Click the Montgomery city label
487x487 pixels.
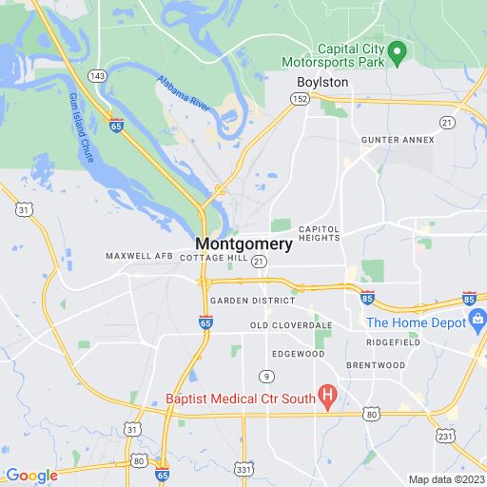coord(244,243)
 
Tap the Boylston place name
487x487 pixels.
coord(322,83)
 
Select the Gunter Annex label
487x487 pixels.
coord(397,140)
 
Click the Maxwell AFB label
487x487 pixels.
coord(139,256)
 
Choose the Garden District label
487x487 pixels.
coord(252,300)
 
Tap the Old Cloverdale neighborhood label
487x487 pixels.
coord(290,325)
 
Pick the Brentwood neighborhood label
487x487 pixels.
coord(369,364)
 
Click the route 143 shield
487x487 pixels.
coord(97,73)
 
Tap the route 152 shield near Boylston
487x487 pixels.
coord(301,98)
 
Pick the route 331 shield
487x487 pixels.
coord(245,469)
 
